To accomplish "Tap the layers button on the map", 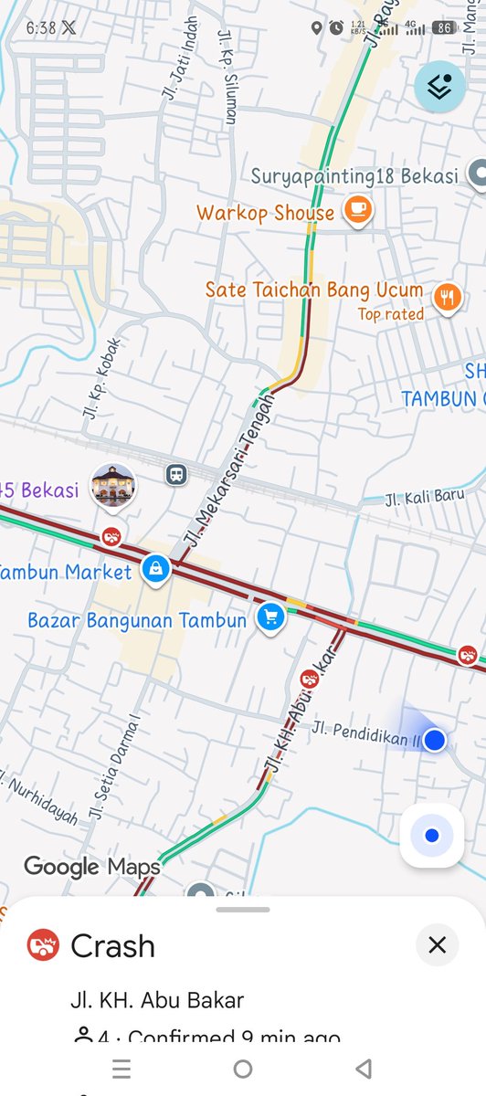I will click(439, 87).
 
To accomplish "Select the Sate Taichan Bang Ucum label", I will click(313, 290).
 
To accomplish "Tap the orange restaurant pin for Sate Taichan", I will click(447, 296).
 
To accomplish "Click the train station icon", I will click(175, 474).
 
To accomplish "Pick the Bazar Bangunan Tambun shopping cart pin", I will click(269, 617).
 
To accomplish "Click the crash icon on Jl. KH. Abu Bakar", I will click(310, 679).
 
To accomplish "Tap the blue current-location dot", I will click(435, 740).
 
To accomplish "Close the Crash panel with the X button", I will click(437, 944).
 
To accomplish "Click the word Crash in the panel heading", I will click(112, 946).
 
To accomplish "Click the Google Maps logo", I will click(91, 866).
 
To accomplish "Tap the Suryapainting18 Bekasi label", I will click(354, 175).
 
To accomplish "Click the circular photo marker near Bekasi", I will click(113, 485).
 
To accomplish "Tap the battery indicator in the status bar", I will click(445, 28).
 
